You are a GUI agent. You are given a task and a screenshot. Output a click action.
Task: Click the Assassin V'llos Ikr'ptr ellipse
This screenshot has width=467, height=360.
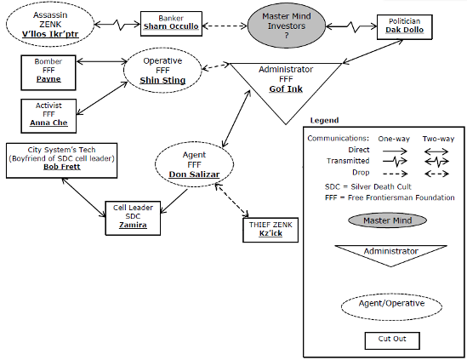tap(49, 25)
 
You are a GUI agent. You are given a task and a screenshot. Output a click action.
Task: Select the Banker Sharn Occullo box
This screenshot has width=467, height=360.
tap(171, 24)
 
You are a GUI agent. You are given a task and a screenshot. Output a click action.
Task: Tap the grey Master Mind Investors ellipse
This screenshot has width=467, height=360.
tap(287, 26)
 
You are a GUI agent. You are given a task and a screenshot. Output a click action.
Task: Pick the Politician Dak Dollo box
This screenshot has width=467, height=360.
tap(404, 27)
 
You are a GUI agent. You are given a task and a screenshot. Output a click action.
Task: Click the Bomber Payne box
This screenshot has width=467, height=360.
tap(48, 72)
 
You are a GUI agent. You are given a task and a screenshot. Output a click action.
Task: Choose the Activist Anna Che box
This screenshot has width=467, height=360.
tap(48, 116)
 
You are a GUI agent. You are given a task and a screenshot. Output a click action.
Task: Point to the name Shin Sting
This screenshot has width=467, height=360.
tap(162, 80)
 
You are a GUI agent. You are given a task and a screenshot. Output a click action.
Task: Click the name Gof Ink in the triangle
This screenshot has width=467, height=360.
tap(286, 89)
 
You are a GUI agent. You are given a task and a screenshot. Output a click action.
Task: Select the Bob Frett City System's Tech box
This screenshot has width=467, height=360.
tap(61, 161)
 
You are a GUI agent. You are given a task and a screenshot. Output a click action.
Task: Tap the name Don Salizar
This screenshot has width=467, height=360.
tap(194, 174)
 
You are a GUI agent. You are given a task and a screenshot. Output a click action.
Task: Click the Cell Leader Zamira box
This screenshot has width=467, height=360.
tap(133, 218)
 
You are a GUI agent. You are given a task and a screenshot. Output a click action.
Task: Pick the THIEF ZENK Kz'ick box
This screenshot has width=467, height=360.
tap(271, 230)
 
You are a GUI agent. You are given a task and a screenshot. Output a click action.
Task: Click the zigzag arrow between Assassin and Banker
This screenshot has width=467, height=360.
tap(117, 25)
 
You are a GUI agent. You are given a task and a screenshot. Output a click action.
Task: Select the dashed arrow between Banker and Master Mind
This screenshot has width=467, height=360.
tap(225, 26)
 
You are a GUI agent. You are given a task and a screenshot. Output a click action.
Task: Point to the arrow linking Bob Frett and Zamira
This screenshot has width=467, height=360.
tap(83, 197)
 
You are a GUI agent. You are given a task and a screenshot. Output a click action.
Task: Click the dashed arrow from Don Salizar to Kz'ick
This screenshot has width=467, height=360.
tap(232, 200)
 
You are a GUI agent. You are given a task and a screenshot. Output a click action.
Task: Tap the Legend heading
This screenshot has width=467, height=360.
tap(324, 120)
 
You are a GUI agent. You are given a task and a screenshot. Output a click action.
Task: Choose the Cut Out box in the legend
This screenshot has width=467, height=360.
tap(392, 340)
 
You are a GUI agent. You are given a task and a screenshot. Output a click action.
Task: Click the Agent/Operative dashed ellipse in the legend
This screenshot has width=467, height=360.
tap(391, 306)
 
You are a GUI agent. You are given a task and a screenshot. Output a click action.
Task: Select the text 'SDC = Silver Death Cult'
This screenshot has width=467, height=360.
tap(367, 187)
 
